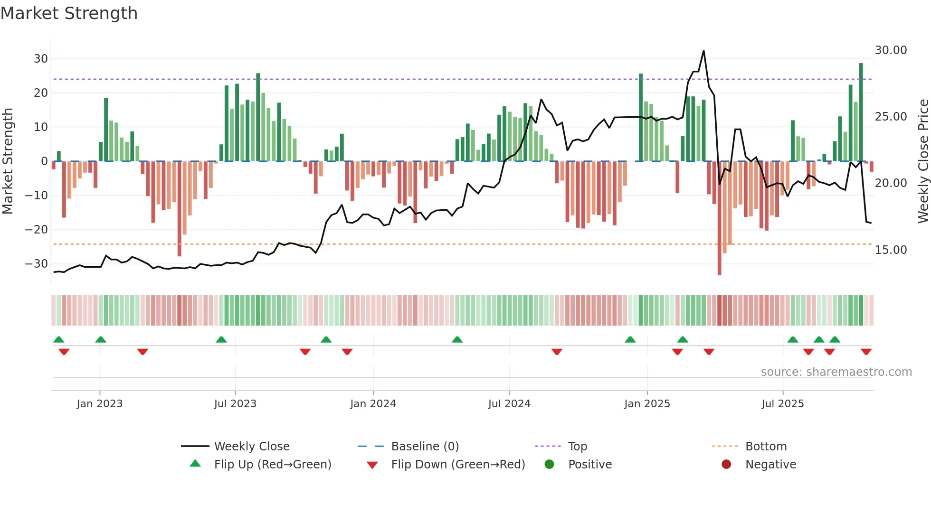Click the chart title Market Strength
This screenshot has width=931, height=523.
[69, 13]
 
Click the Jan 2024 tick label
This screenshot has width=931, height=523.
[373, 404]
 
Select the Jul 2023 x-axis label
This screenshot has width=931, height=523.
[235, 404]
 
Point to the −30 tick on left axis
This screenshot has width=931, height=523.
[36, 264]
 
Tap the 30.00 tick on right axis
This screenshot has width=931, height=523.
[891, 50]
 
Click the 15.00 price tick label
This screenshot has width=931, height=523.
[891, 250]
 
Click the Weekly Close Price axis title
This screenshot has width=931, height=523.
[923, 161]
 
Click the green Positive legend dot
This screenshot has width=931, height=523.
[550, 465]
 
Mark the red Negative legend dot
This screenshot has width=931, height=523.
[726, 465]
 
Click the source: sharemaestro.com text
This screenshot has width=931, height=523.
[836, 372]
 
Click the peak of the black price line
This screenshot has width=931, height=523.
[703, 51]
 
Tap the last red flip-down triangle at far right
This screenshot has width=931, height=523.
[866, 352]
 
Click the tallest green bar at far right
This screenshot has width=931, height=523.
[861, 112]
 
